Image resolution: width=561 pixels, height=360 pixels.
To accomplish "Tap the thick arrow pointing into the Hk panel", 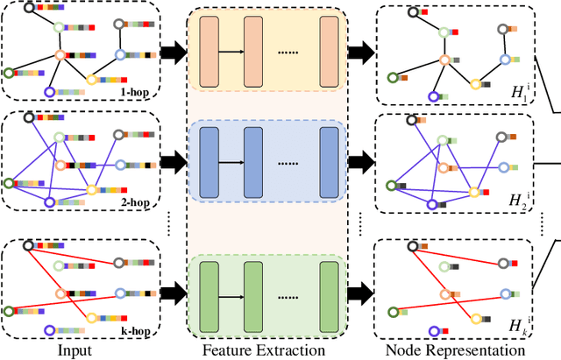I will click(359, 288).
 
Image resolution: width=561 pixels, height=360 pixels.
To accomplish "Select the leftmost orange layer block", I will click(209, 52).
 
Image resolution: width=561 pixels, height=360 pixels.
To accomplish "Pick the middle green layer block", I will click(253, 288).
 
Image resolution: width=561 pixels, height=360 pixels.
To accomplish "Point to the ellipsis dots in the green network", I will click(290, 289).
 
